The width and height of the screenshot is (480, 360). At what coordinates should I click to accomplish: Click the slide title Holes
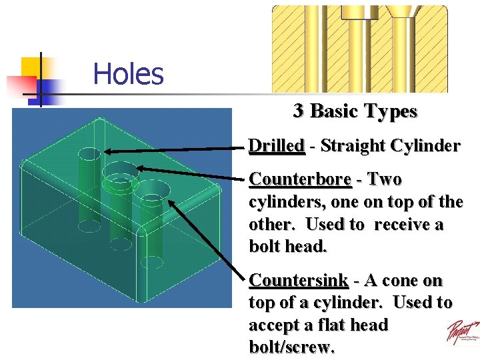128,73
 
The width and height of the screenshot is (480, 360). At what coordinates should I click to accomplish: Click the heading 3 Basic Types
355,111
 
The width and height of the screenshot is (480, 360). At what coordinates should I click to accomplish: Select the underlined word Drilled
277,146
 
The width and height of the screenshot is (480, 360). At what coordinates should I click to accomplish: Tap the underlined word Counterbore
300,180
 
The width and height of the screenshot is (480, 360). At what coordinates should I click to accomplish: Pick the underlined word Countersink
298,280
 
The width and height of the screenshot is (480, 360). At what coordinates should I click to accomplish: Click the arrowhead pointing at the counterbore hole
139,169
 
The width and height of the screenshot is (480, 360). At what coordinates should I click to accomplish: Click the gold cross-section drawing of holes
359,48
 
